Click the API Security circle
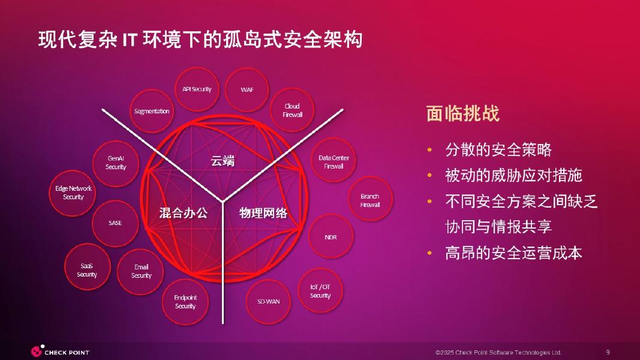pos(197,89)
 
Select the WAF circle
pos(247,89)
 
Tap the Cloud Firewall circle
pos(293,110)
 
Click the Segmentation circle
pos(152,111)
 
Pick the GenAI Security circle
pos(116,163)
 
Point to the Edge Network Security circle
pos(73,193)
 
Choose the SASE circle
pos(115,223)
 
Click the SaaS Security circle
pos(87,270)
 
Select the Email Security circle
pos(142,271)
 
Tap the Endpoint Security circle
pos(185,301)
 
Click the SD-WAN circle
pos(269,301)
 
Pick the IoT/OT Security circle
pos(320,291)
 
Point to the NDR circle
pos(330,237)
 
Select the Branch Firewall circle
pos(370,200)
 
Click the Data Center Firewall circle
pos(333,162)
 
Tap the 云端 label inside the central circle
pos(222,161)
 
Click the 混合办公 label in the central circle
pos(183,212)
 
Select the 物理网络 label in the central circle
pos(263,212)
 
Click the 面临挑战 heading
pos(462,113)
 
